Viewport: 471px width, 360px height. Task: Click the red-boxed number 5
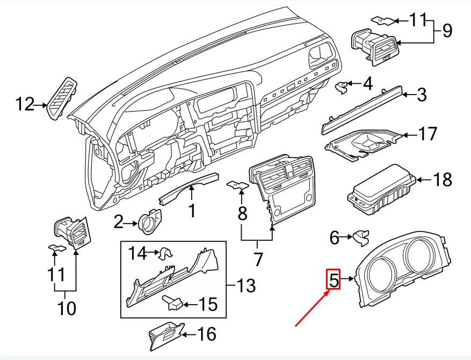(334, 279)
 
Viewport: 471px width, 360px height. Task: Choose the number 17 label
(428, 134)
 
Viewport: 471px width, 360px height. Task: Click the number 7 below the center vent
(258, 259)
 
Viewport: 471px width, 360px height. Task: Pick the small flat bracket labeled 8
(237, 185)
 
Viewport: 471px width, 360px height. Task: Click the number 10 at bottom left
(67, 308)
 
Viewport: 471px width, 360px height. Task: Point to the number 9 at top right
(447, 31)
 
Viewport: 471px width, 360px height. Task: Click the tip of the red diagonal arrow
(329, 290)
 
